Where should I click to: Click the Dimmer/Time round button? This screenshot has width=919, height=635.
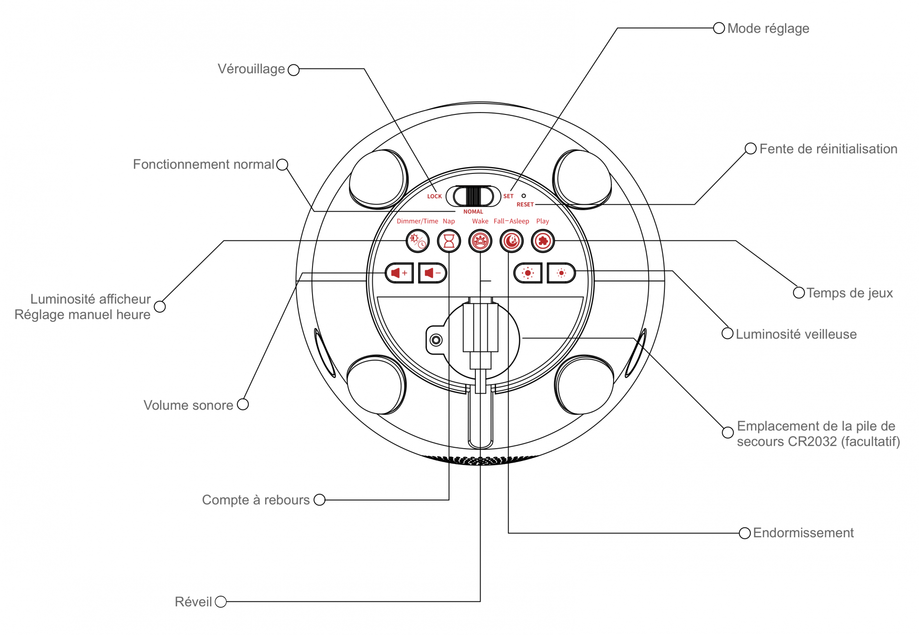(x=417, y=241)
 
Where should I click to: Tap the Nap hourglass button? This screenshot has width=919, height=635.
(x=449, y=241)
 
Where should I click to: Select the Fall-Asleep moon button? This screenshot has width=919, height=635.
(x=511, y=241)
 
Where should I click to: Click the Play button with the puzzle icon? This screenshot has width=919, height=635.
(x=543, y=241)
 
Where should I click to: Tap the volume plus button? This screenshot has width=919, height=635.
(x=399, y=273)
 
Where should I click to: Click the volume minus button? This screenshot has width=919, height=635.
(x=432, y=273)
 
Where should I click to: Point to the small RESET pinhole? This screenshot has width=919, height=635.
(x=524, y=196)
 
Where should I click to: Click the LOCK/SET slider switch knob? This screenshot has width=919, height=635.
(x=473, y=196)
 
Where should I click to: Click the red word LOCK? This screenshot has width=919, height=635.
(x=435, y=196)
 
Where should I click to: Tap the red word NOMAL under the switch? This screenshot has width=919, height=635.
(x=473, y=212)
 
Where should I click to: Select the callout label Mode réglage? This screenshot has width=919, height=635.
(x=768, y=29)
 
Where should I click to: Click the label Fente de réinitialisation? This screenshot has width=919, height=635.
(x=828, y=149)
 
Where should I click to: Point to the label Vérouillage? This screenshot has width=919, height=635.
(x=251, y=69)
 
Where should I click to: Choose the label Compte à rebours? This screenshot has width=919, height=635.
(x=256, y=500)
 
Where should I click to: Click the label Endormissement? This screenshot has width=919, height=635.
(x=803, y=533)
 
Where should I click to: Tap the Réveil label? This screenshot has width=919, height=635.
(x=193, y=602)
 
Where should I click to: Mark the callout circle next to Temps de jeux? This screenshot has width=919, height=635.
(x=799, y=293)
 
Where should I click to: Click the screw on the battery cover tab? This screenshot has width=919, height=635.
(x=436, y=340)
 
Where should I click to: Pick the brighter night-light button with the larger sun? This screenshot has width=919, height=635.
(x=528, y=273)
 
